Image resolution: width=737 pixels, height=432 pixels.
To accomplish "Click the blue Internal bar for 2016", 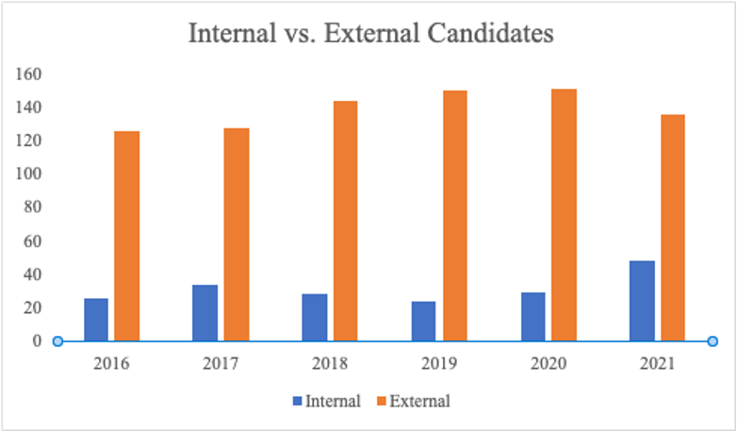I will (96, 320).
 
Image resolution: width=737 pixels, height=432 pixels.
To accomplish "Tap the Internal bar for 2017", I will (205, 313).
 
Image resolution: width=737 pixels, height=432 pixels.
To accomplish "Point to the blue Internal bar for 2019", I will (424, 322).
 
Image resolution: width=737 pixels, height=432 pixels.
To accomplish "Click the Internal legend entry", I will (326, 401).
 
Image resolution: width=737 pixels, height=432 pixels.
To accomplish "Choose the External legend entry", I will (416, 401).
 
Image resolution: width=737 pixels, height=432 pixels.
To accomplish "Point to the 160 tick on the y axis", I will (30, 74).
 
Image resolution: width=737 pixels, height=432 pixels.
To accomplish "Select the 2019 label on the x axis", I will (439, 363).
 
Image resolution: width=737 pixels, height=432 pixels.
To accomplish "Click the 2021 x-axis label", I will (658, 363).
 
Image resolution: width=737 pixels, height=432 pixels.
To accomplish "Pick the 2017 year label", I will (221, 363).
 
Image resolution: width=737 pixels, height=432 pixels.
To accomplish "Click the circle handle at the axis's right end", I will (712, 341).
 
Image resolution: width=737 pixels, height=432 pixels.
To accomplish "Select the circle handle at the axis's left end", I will (57, 341).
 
